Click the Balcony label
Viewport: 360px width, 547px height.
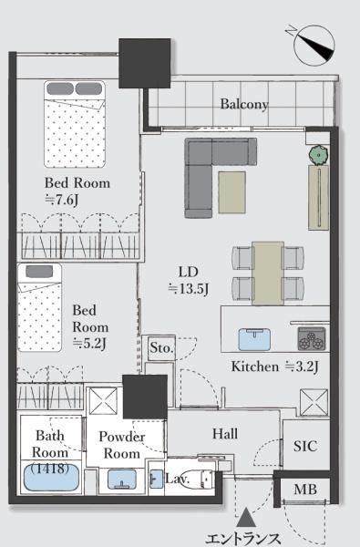click(x=244, y=104)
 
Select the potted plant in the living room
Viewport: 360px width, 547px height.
click(x=318, y=155)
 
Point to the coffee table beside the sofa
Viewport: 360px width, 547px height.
click(x=232, y=191)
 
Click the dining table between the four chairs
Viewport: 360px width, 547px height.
click(x=268, y=273)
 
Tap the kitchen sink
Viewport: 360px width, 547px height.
click(x=254, y=339)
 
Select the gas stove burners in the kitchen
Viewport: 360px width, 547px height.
click(x=312, y=339)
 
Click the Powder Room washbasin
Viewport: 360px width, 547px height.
click(x=122, y=480)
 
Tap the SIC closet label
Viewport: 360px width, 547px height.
click(x=305, y=446)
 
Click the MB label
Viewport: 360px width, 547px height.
click(x=305, y=490)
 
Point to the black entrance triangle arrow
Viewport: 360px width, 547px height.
click(x=246, y=517)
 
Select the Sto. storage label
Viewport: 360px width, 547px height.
click(x=161, y=347)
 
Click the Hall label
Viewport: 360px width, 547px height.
click(x=225, y=434)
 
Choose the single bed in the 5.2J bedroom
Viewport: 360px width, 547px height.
click(x=39, y=307)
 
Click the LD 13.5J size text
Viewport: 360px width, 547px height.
click(x=189, y=280)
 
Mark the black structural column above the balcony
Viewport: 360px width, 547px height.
click(x=145, y=63)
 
